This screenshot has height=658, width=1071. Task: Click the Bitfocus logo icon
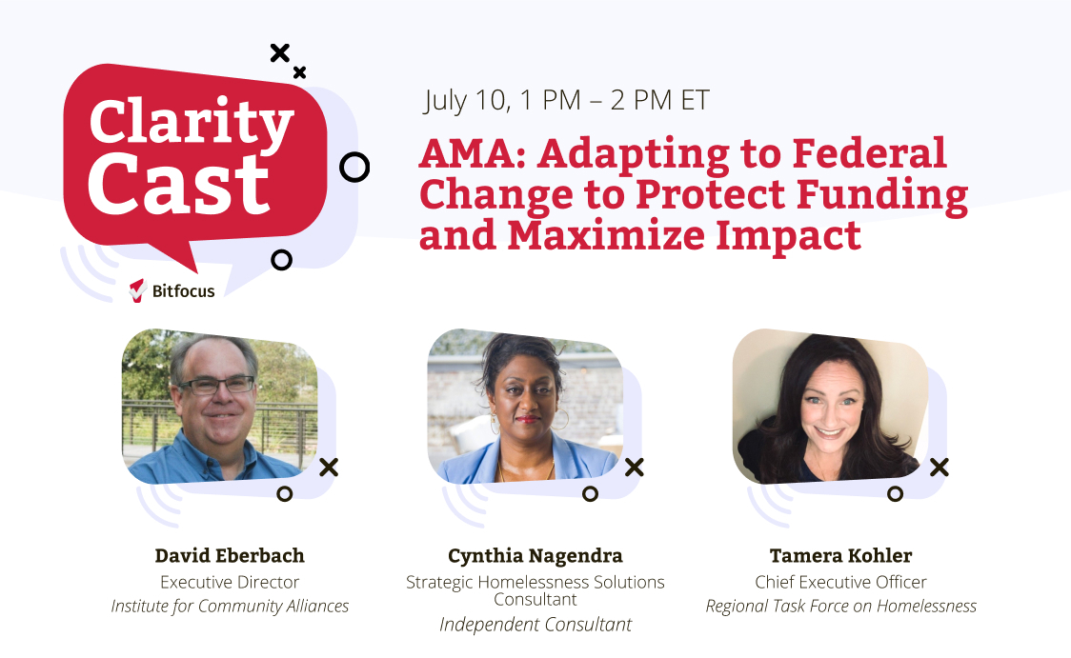138,290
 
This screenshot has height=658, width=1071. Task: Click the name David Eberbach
230,556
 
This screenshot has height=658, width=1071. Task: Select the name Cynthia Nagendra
535,556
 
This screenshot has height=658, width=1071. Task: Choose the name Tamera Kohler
840,556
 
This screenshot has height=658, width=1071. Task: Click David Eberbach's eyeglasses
217,386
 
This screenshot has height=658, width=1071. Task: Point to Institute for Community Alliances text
230,606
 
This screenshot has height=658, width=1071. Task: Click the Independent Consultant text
535,625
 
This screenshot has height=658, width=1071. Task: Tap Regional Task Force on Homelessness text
840,606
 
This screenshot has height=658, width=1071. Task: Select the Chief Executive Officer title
840,582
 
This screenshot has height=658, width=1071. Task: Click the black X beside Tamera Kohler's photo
939,467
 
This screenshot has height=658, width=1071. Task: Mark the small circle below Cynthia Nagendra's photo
590,493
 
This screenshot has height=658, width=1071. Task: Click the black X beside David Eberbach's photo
329,467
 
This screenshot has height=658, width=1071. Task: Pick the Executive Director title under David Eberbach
230,582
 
